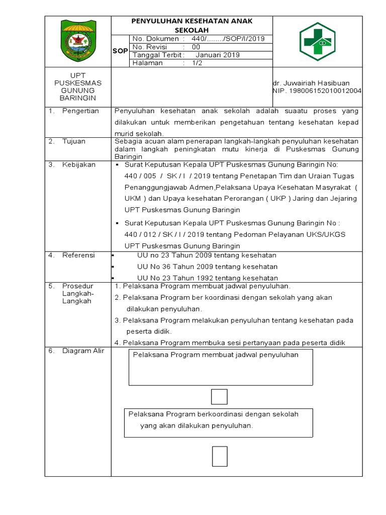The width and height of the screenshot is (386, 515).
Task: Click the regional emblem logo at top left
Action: (77, 41)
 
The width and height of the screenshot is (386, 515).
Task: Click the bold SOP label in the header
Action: (120, 51)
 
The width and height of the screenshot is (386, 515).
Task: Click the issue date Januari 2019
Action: (218, 55)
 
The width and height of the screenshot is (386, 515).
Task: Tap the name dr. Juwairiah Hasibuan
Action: (311, 83)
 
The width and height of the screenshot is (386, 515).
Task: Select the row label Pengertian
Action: (80, 111)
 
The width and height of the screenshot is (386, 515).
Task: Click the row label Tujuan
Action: (74, 141)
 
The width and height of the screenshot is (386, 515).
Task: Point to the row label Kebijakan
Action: (78, 164)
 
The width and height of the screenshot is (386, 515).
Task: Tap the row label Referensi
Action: (78, 255)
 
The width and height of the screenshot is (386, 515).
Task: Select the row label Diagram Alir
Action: (83, 351)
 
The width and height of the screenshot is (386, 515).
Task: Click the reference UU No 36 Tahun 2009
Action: (207, 267)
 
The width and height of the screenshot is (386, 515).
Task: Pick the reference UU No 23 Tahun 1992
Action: (207, 278)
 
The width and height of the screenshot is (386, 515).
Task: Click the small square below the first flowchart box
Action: (219, 396)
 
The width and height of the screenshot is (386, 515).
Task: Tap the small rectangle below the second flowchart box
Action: (219, 456)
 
